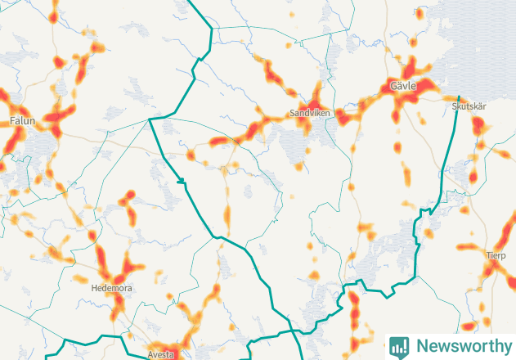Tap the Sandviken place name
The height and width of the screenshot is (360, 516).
pyautogui.click(x=309, y=113)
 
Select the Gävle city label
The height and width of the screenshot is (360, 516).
pyautogui.click(x=403, y=86)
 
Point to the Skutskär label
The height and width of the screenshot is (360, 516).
pyautogui.click(x=469, y=106)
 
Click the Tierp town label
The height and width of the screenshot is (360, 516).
pyautogui.click(x=496, y=255)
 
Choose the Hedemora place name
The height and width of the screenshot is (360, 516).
pyautogui.click(x=111, y=289)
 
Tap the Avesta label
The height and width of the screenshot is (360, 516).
pyautogui.click(x=161, y=355)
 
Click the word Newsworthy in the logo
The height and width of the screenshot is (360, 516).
pyautogui.click(x=460, y=345)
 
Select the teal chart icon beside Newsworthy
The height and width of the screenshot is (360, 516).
pyautogui.click(x=399, y=346)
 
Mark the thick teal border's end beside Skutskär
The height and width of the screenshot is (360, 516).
pyautogui.click(x=459, y=97)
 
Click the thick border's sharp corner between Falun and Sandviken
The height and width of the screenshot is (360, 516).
pyautogui.click(x=150, y=119)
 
